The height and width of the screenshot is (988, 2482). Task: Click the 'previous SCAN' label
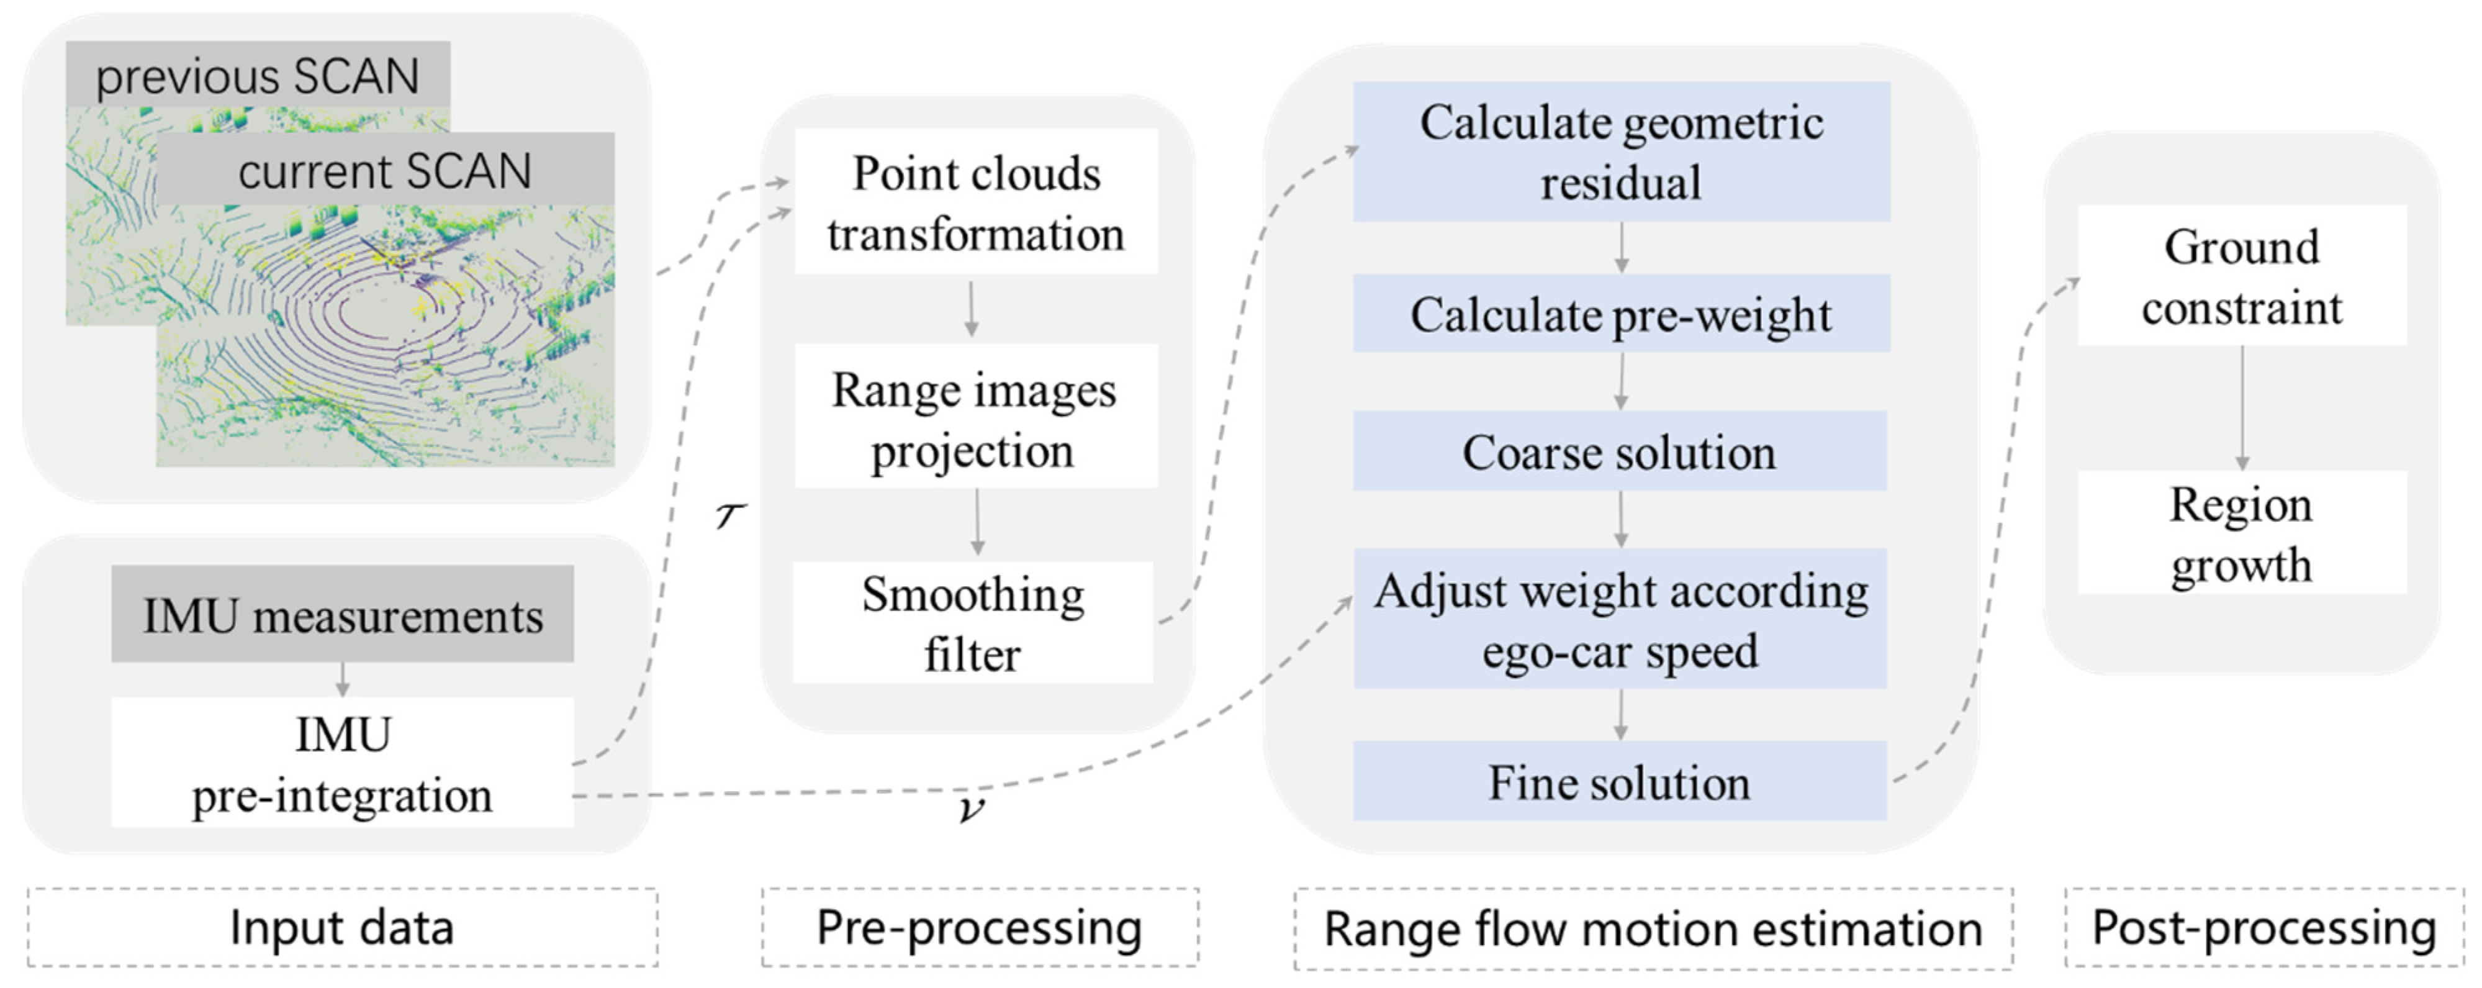pyautogui.click(x=257, y=75)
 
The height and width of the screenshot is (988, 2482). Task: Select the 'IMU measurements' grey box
pyautogui.click(x=342, y=614)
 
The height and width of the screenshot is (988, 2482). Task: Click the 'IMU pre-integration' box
pyautogui.click(x=342, y=763)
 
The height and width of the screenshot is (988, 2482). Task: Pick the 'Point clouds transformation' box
pyautogui.click(x=975, y=202)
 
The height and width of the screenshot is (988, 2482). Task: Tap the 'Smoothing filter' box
pyautogui.click(x=973, y=623)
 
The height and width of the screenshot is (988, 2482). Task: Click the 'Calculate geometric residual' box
pyautogui.click(x=1620, y=152)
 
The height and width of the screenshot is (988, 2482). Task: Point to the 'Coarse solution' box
pyautogui.click(x=1618, y=451)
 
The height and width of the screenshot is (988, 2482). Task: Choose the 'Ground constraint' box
pyautogui.click(x=2241, y=276)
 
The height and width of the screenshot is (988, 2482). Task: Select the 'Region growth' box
pyautogui.click(x=2241, y=533)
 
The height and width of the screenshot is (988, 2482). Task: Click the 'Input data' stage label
pyautogui.click(x=342, y=927)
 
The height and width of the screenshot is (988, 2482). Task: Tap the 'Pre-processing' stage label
pyautogui.click(x=979, y=927)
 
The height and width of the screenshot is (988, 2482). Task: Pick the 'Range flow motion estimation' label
pyautogui.click(x=1653, y=929)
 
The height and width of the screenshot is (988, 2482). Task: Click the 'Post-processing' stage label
pyautogui.click(x=2263, y=927)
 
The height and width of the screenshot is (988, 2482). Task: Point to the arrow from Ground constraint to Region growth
pyautogui.click(x=2242, y=407)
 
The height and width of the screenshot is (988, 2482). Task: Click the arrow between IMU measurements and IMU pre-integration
pyautogui.click(x=342, y=679)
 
